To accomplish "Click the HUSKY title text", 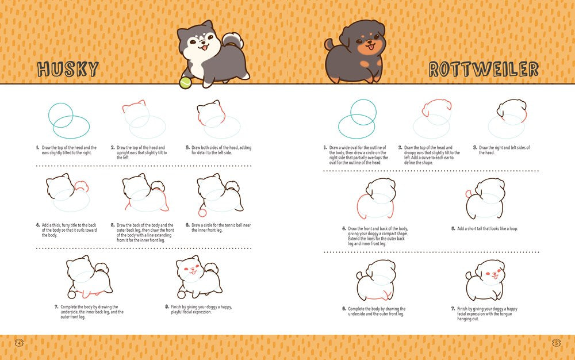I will [x=68, y=70].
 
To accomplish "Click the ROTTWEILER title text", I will [x=483, y=70].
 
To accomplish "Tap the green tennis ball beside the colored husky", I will [x=185, y=83].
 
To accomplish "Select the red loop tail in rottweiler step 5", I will [x=470, y=194].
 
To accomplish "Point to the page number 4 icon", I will [x=20, y=343].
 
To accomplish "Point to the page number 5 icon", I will [x=555, y=343].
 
